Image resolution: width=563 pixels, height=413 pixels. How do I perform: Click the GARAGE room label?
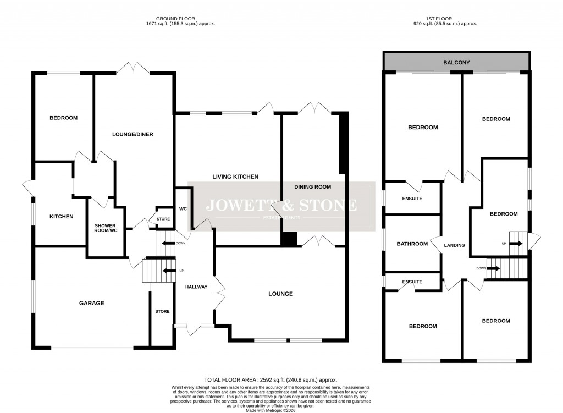click(x=91, y=303)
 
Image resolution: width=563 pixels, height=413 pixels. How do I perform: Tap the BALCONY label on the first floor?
click(x=457, y=63)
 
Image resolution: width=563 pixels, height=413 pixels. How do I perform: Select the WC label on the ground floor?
click(x=184, y=209)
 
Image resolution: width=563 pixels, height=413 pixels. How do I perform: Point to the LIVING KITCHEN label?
click(x=235, y=177)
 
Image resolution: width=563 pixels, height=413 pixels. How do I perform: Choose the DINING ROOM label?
click(x=312, y=186)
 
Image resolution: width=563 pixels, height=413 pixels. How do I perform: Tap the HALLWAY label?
click(x=196, y=287)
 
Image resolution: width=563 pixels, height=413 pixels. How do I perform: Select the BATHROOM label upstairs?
click(x=412, y=244)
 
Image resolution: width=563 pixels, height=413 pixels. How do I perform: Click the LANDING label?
click(x=455, y=245)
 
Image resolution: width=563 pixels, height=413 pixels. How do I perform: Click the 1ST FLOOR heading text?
click(x=445, y=18)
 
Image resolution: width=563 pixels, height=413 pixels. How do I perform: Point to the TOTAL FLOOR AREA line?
click(x=270, y=380)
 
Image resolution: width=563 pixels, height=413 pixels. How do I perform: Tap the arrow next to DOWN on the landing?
click(x=493, y=268)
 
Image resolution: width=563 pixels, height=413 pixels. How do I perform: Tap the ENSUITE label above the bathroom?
click(x=412, y=199)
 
